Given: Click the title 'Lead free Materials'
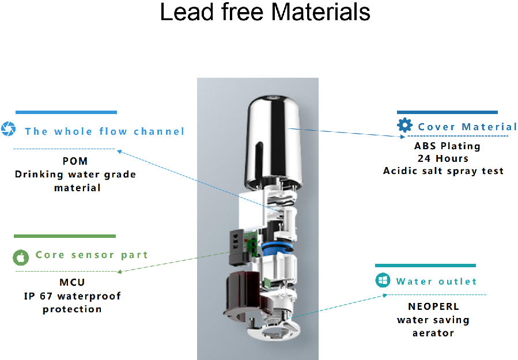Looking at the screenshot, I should point(264,12).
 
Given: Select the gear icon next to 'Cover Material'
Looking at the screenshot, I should point(405,126).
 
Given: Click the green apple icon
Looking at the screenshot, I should point(20,257).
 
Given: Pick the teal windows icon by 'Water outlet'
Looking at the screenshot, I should point(382,281).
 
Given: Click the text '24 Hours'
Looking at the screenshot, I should point(442,158).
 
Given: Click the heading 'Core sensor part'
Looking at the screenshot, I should point(92,255).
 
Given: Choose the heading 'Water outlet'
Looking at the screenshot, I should point(436,282).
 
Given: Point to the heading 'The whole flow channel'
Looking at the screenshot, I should point(105,131).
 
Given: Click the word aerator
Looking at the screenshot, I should point(433,332).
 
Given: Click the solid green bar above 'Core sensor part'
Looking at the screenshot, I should point(65,236).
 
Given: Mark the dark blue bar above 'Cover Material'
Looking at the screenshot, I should point(447,112).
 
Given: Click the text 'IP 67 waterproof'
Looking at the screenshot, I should point(73,296).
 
